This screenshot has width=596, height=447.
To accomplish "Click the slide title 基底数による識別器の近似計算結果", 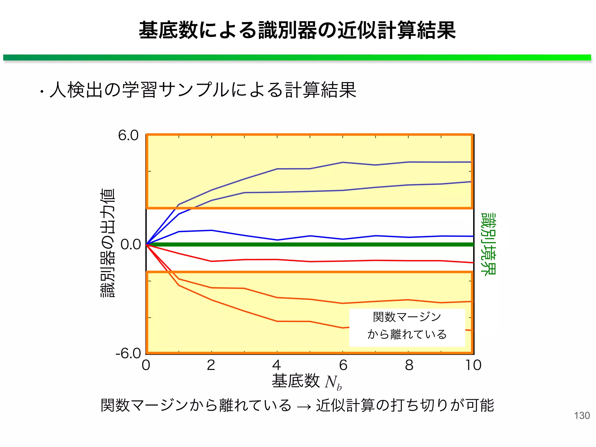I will pyautogui.click(x=297, y=30).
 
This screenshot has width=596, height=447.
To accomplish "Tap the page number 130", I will pyautogui.click(x=582, y=416).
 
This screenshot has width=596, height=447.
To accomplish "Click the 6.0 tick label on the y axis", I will pyautogui.click(x=128, y=136).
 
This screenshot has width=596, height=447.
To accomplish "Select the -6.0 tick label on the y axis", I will pyautogui.click(x=128, y=354).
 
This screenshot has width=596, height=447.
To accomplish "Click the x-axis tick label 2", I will pyautogui.click(x=211, y=365).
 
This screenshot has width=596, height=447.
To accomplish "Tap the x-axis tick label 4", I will pyautogui.click(x=276, y=365).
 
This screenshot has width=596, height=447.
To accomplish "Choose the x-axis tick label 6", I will pyautogui.click(x=343, y=365).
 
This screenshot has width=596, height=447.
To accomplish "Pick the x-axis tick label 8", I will pyautogui.click(x=409, y=365).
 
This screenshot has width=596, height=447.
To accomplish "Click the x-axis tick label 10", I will pyautogui.click(x=473, y=365).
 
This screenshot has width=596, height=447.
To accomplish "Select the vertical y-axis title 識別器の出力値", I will pyautogui.click(x=108, y=243).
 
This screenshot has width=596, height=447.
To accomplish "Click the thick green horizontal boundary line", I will pyautogui.click(x=308, y=244).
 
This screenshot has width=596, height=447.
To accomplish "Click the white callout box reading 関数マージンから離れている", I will pyautogui.click(x=407, y=327).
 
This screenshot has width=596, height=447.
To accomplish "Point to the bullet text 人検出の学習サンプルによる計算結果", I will pyautogui.click(x=203, y=90).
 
